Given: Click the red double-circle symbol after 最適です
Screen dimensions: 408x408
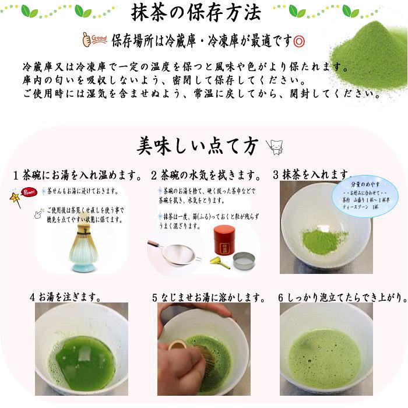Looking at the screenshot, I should pos(300,41).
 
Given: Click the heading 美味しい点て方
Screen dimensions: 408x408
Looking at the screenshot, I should pos(196,146).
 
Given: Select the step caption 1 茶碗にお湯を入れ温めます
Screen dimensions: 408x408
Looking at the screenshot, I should pos(78,175).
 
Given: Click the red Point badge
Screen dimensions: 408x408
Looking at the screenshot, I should pos(27,193).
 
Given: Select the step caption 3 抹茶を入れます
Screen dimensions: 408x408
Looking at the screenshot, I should pos(312,175).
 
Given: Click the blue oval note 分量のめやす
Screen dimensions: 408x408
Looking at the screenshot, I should pos(365,196).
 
